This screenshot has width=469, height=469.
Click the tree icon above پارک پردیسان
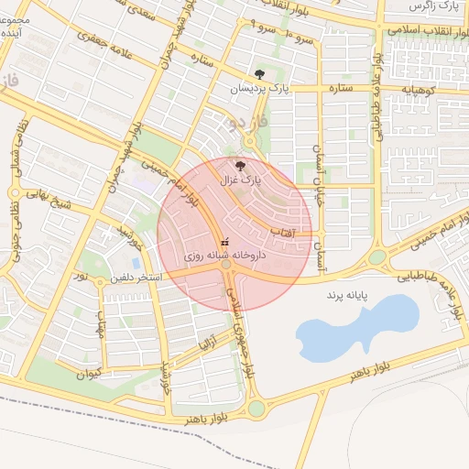click(x=259, y=74)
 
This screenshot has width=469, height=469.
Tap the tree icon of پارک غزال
click(x=241, y=166)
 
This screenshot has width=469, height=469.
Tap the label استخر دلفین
click(x=136, y=277)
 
